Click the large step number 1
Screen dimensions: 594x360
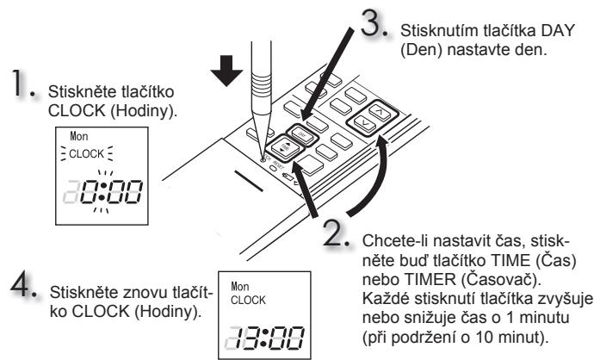20,83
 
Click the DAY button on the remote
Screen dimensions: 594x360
302,134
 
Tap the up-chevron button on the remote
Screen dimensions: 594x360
379,111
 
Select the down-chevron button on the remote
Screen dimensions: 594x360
364,122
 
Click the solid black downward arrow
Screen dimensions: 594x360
226,71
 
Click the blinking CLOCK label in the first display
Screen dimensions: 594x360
87,154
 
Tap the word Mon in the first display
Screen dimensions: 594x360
79,136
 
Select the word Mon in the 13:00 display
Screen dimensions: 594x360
240,286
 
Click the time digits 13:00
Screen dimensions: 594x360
269,338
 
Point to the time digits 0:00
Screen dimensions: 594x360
111,191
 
